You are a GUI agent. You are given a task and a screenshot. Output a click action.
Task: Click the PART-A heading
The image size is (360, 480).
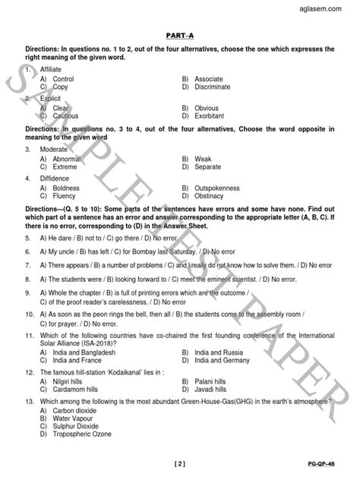click(x=179, y=33)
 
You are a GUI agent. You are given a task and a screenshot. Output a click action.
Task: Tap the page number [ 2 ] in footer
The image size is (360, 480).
click(x=179, y=463)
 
